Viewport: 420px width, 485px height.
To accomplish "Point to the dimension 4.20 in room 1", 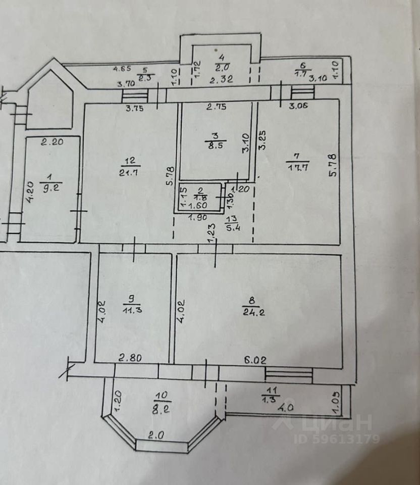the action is (30, 192).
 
